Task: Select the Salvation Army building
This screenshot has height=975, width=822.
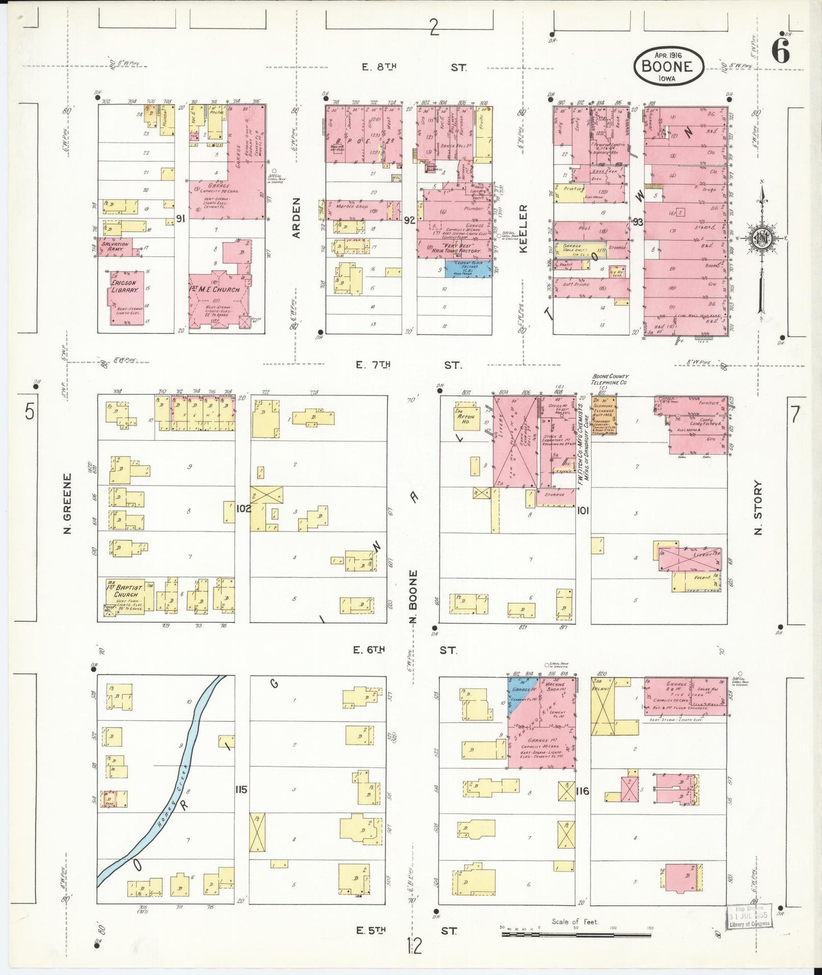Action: pos(115,246)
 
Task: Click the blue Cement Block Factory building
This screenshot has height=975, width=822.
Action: pos(468,268)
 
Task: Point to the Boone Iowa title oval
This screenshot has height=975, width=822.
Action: pos(668,65)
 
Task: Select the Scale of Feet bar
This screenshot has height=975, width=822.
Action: pos(577,934)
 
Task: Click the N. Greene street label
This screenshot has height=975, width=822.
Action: pos(68,504)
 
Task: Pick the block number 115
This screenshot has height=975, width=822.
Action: pos(242,790)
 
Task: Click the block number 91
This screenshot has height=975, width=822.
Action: pos(181,218)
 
